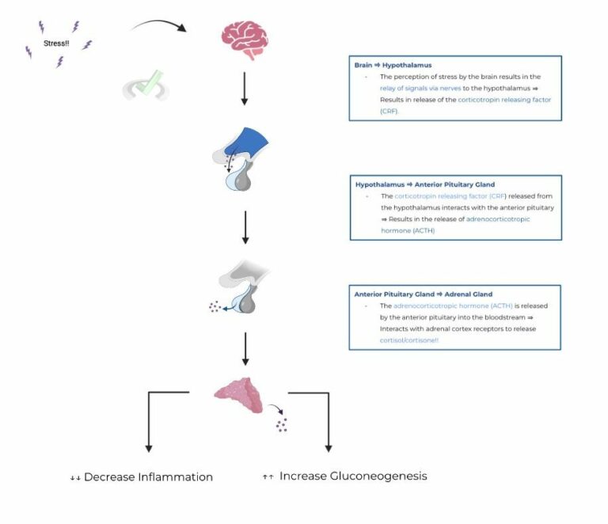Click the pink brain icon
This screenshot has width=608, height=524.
(x=245, y=40)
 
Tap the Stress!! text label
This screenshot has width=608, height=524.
(x=57, y=43)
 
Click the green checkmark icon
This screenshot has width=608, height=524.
(x=148, y=84)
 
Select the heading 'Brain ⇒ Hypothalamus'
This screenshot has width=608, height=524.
(x=388, y=65)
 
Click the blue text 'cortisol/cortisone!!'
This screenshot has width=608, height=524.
(x=409, y=340)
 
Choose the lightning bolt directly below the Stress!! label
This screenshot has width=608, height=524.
(x=59, y=62)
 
